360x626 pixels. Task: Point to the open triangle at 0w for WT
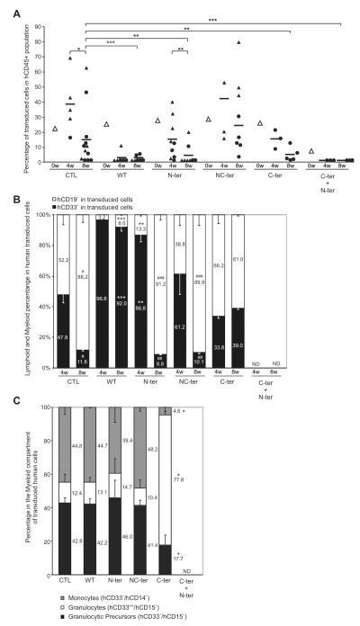[x=105, y=124]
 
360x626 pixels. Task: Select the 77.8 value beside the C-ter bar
[x=281, y=480]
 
